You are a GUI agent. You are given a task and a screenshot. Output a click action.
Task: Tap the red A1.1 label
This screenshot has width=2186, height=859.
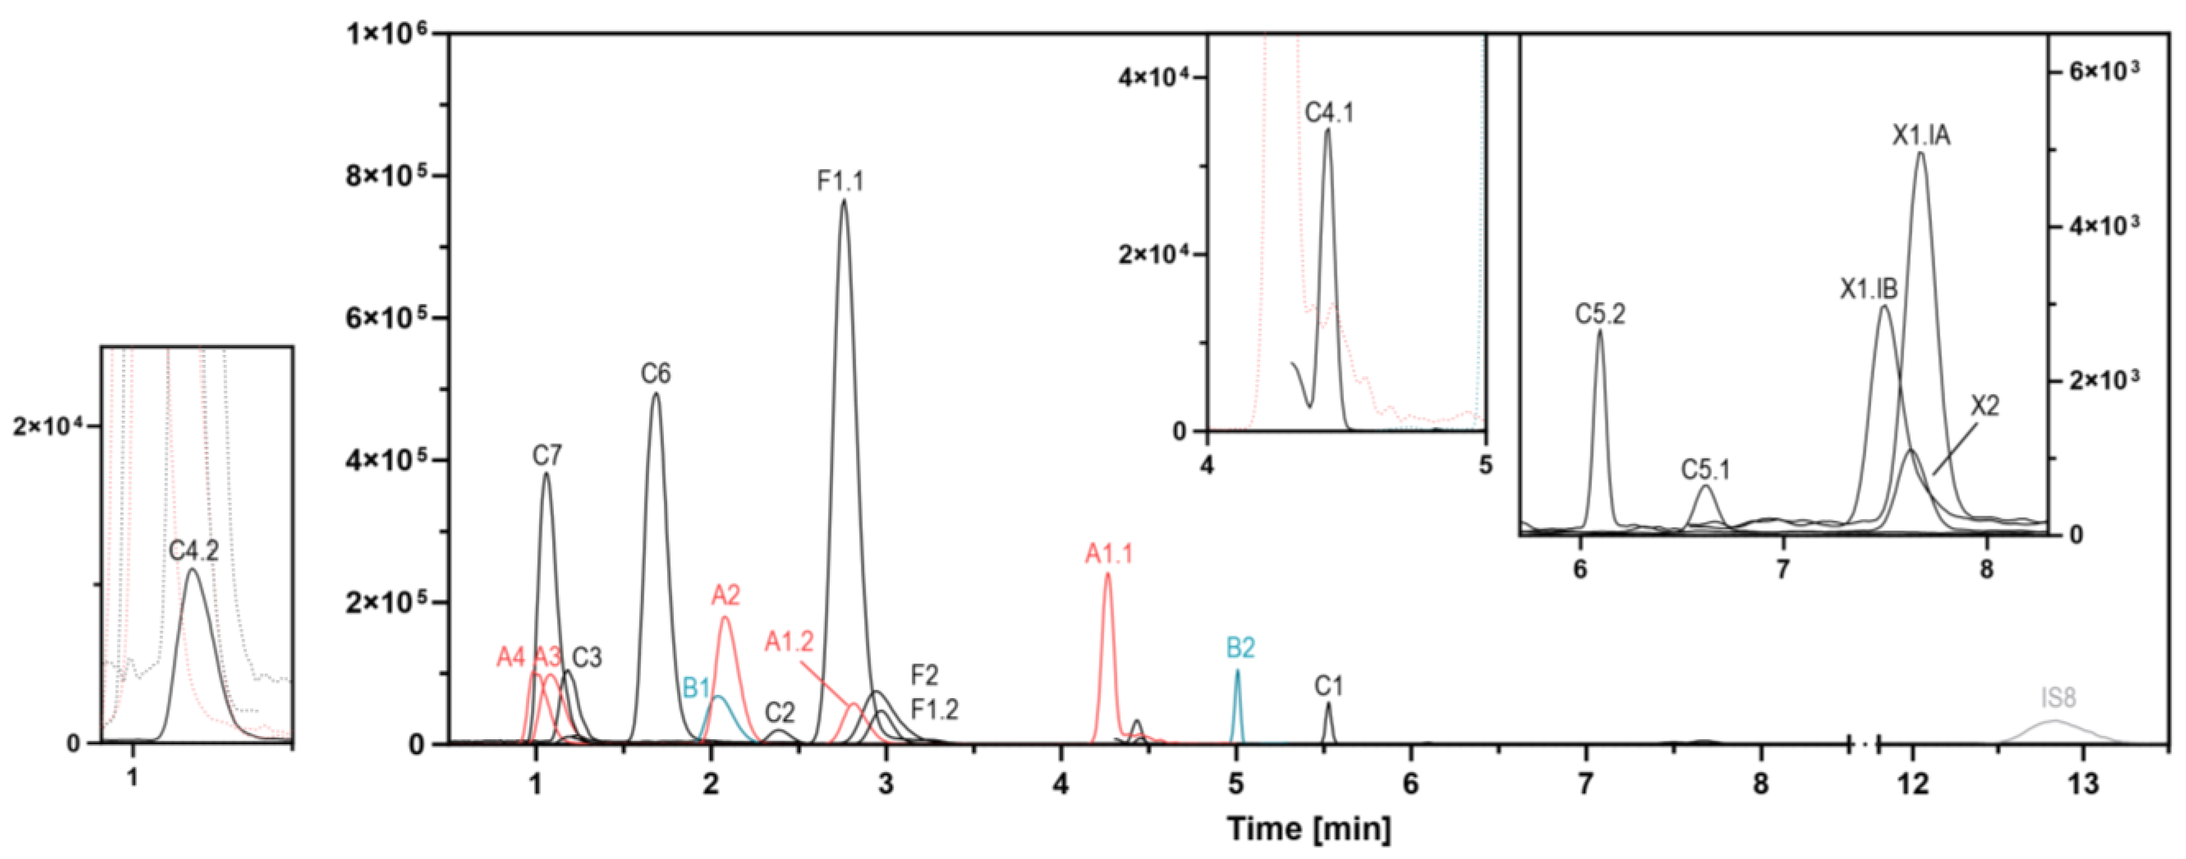coord(1108,554)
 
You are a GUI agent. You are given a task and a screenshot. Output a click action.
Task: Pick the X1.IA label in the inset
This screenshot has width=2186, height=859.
coord(1921,136)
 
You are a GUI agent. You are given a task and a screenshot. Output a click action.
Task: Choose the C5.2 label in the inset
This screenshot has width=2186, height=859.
coord(1600,314)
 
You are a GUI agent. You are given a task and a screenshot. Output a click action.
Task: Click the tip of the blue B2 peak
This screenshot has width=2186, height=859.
coord(1237,671)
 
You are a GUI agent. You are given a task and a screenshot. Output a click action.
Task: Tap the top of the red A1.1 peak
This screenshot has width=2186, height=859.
coord(1107,574)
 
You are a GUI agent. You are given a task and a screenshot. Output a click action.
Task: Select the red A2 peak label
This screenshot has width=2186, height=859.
coord(726,595)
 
